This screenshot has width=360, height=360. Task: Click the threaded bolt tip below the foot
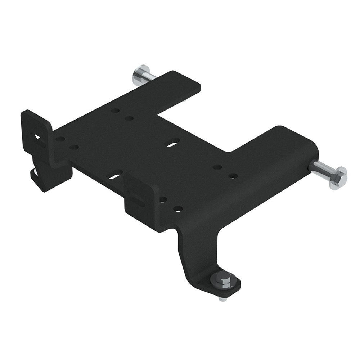(x=222, y=298)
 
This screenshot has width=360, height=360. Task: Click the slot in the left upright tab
(x=37, y=138)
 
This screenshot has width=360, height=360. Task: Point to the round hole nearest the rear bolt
(x=115, y=111)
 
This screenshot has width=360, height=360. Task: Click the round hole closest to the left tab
(x=60, y=139)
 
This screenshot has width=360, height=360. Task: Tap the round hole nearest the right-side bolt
(x=233, y=176)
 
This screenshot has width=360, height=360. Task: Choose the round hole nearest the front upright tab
(x=163, y=199)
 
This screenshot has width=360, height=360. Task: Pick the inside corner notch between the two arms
(x=227, y=150)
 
